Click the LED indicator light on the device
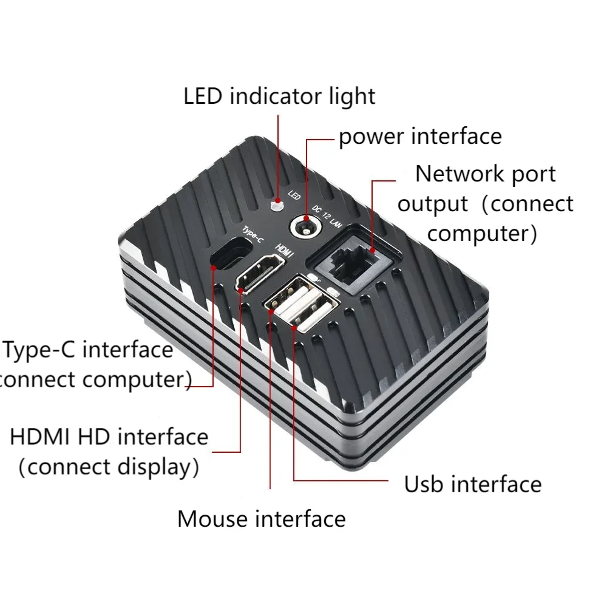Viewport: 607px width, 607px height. [x=277, y=204]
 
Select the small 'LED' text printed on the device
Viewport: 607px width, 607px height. [x=294, y=195]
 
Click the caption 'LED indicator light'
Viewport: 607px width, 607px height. [x=279, y=96]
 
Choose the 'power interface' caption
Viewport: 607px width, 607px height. [x=420, y=136]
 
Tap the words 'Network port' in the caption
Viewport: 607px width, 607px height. [x=485, y=174]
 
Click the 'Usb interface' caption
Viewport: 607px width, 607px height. [x=473, y=484]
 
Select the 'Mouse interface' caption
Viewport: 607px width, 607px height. [x=261, y=519]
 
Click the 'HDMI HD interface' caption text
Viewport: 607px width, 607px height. [x=109, y=436]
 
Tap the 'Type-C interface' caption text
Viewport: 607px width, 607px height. [x=89, y=350]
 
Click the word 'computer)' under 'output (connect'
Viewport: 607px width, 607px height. [x=486, y=233]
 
